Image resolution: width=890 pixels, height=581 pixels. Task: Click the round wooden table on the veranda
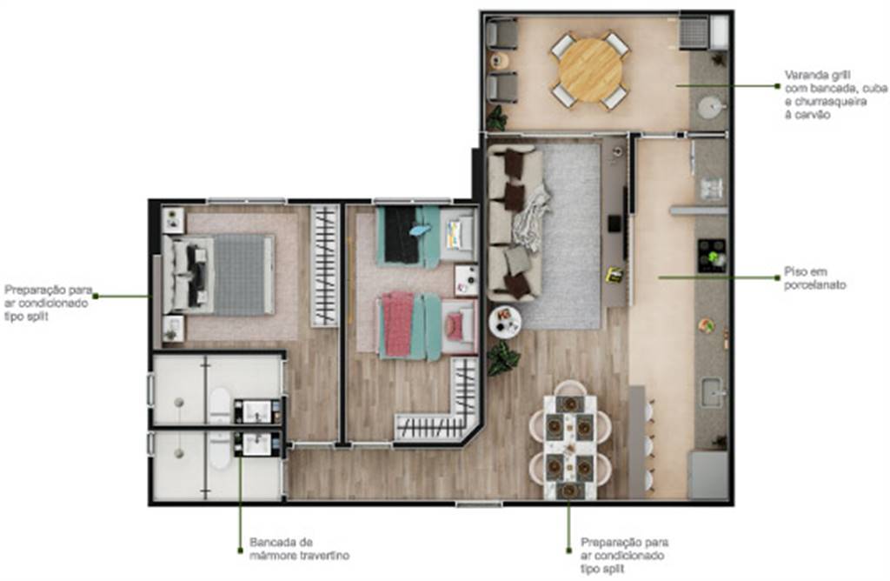590,70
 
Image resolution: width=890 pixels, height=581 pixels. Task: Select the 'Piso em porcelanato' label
815,278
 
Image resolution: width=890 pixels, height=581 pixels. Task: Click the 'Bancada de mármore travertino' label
299,549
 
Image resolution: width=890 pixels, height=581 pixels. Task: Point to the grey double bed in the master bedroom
218,274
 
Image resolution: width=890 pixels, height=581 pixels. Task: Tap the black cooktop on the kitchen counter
712,256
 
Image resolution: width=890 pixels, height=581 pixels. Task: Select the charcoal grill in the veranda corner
694,32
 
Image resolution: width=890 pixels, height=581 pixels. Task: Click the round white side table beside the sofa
505,323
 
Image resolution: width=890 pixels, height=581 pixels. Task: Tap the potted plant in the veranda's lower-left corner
496,118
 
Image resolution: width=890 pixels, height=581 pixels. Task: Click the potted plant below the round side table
503,357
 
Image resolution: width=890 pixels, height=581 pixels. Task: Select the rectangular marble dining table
570,448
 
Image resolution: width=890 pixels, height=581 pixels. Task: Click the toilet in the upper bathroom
219,404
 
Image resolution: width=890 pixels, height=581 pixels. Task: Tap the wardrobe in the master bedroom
325,266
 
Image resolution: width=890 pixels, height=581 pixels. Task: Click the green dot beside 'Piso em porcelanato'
778,277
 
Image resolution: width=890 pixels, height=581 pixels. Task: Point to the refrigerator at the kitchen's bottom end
707,476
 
